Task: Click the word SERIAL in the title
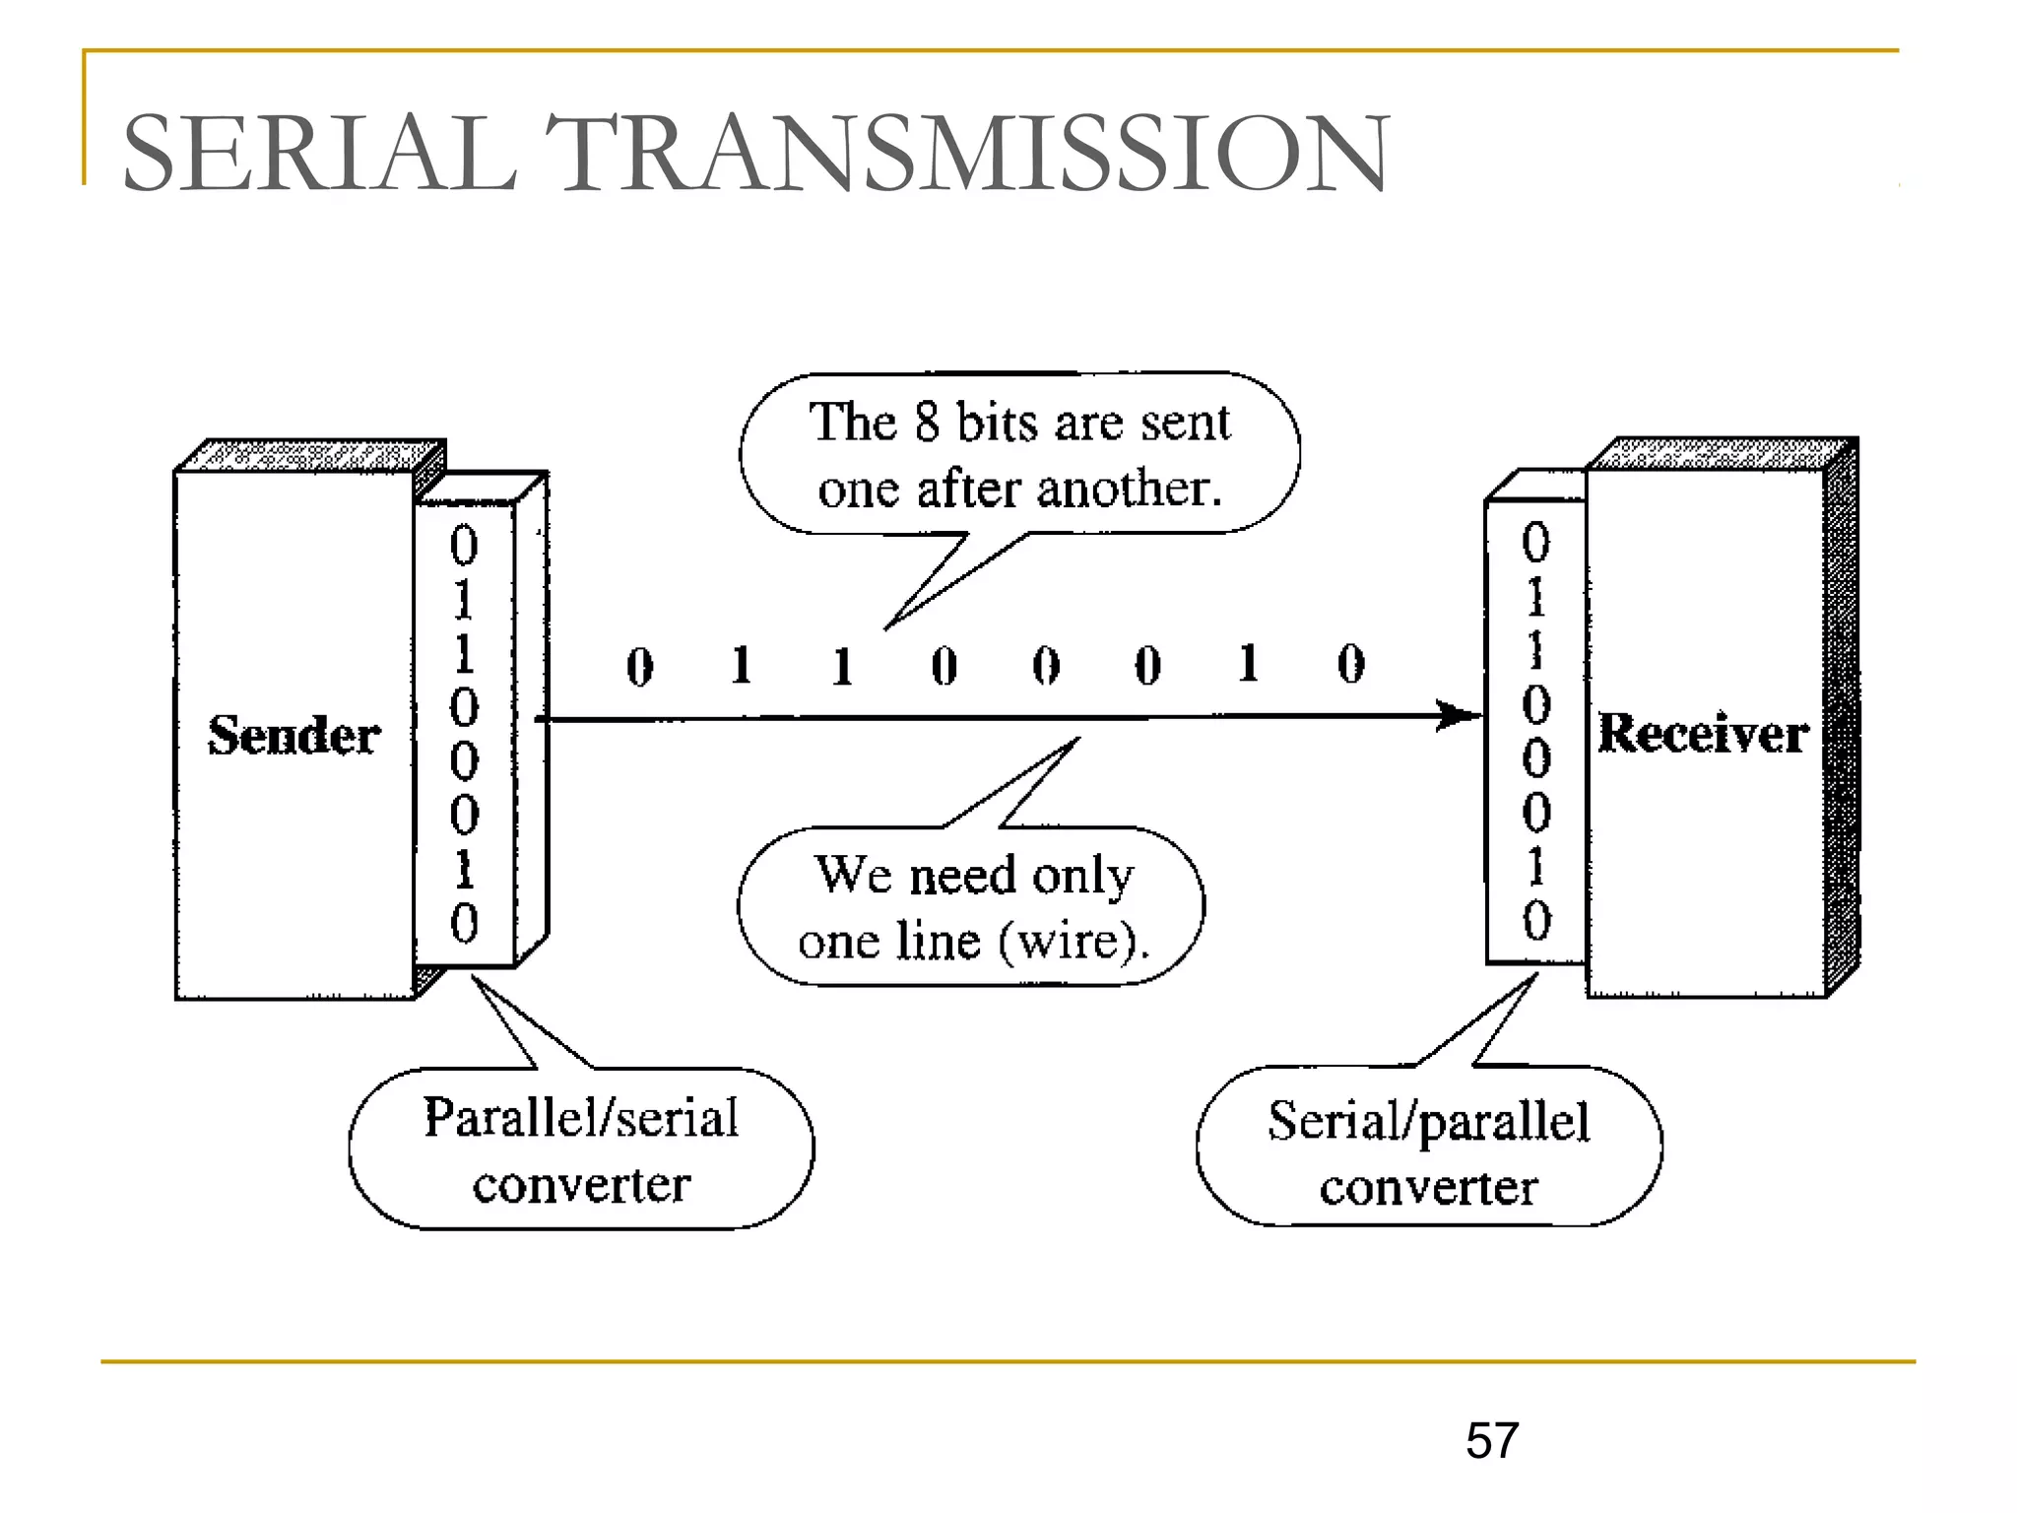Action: click(x=319, y=154)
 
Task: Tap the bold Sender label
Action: click(x=293, y=735)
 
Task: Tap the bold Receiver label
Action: click(x=1703, y=733)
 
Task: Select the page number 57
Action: click(x=1491, y=1440)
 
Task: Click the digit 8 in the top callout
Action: click(x=927, y=422)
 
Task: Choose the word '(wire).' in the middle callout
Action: click(x=1074, y=941)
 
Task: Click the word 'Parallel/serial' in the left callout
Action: click(x=581, y=1118)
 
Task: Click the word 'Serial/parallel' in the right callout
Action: click(x=1428, y=1121)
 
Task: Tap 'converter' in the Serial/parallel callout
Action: click(x=1428, y=1187)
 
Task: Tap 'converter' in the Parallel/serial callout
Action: click(x=581, y=1184)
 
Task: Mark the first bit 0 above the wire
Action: click(x=640, y=667)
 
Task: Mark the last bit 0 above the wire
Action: click(x=1351, y=664)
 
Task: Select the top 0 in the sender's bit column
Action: click(x=464, y=545)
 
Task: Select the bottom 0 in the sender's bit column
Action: click(x=464, y=923)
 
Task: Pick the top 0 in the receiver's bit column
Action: click(x=1536, y=542)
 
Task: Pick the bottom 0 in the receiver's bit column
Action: click(x=1536, y=920)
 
